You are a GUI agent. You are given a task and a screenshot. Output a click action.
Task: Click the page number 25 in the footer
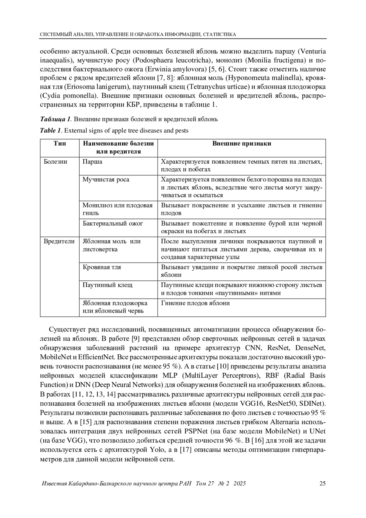[x=322, y=484]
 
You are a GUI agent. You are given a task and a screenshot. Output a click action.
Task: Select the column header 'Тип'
[x=60, y=143]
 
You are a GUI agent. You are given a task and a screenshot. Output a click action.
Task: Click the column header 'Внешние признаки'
[x=242, y=143]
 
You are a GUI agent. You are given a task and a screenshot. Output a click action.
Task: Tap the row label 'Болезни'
[x=56, y=161]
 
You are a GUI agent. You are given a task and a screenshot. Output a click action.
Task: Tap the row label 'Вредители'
[x=59, y=241]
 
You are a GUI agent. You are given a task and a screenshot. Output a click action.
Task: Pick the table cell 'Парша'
[x=92, y=161]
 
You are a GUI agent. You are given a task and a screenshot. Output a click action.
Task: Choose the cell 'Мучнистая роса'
[x=106, y=179]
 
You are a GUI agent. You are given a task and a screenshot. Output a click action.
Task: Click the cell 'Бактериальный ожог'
[x=113, y=223]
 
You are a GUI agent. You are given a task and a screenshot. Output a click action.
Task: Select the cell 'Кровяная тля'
[x=102, y=267]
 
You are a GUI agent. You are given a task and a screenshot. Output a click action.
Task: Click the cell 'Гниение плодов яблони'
[x=195, y=303]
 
